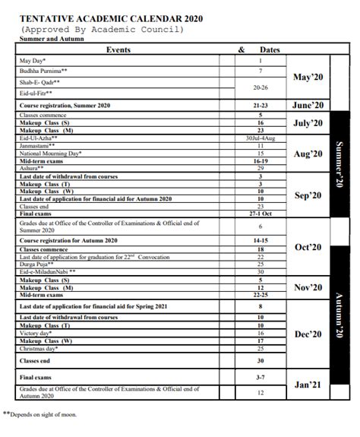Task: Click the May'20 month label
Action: (x=308, y=78)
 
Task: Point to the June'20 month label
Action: (x=308, y=106)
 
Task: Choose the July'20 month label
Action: (x=308, y=122)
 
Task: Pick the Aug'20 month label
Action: (x=308, y=154)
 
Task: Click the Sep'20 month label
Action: (x=308, y=195)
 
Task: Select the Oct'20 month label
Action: (x=308, y=247)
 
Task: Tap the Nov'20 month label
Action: (x=308, y=288)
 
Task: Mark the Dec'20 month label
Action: (x=308, y=334)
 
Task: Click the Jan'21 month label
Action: (x=308, y=385)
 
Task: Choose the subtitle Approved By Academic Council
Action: (x=103, y=29)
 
